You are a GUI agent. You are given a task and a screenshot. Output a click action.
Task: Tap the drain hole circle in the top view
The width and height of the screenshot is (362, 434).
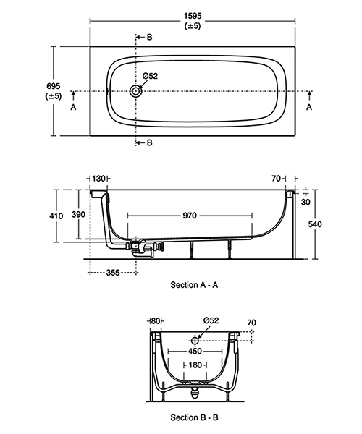[136, 92]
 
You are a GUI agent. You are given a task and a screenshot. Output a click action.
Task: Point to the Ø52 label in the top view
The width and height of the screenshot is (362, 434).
[151, 76]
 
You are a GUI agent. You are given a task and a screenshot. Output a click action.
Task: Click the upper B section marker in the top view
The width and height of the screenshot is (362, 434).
[149, 37]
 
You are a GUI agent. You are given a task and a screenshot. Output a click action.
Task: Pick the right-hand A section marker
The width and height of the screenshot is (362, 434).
[309, 106]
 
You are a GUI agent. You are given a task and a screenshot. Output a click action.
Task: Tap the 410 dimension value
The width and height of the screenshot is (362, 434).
[66, 215]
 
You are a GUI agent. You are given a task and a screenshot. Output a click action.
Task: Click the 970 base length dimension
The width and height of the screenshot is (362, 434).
[190, 215]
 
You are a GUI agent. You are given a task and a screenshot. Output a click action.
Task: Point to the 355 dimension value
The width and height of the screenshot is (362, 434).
[113, 273]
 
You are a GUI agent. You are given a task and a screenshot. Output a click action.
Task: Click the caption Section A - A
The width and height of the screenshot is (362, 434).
[194, 285]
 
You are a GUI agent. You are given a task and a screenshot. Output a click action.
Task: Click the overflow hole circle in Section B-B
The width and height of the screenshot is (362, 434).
[194, 339]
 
